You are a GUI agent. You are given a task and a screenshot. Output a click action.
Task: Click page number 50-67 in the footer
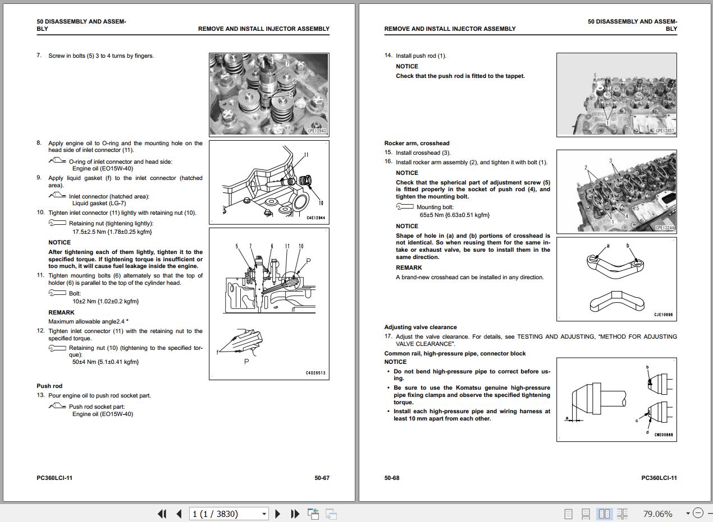click(x=322, y=478)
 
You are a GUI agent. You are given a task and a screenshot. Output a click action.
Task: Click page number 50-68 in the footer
click(x=392, y=478)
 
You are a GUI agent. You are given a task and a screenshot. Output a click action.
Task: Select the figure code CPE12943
click(x=317, y=131)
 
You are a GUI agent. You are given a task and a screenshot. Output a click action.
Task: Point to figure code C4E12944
click(x=316, y=218)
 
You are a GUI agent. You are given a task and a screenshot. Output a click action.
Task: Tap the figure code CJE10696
click(x=663, y=315)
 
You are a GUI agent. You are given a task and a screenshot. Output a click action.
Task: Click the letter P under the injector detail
click(x=246, y=362)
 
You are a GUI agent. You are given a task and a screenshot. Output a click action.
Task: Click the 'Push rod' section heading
click(x=49, y=386)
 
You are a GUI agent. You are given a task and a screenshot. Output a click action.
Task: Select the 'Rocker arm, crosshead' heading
click(x=417, y=143)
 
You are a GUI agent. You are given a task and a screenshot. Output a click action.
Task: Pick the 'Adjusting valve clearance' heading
click(x=421, y=327)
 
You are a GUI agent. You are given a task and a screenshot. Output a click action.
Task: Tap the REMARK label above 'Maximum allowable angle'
click(x=61, y=312)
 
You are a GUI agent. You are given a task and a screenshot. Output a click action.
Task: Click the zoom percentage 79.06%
click(x=657, y=514)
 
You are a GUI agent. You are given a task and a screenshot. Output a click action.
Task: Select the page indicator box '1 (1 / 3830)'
click(x=229, y=514)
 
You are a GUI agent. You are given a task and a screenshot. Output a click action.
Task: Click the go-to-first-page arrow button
click(x=162, y=514)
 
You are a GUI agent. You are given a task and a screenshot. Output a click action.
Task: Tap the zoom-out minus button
click(x=698, y=513)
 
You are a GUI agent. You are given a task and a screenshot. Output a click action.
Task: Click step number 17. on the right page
click(x=388, y=336)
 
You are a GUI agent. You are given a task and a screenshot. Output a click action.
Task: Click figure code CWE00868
click(x=664, y=435)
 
